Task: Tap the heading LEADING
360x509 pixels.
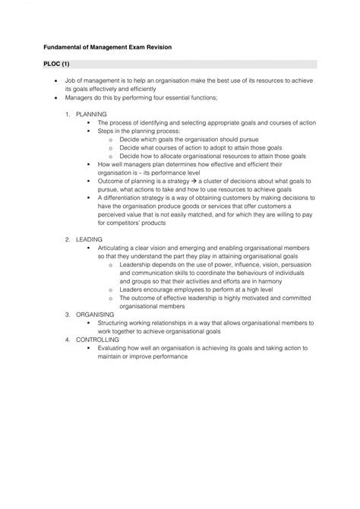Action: [90, 239]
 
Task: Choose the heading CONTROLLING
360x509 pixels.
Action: [98, 339]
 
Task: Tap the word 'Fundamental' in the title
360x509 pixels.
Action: [67, 47]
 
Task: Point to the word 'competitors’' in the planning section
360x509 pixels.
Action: [131, 222]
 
